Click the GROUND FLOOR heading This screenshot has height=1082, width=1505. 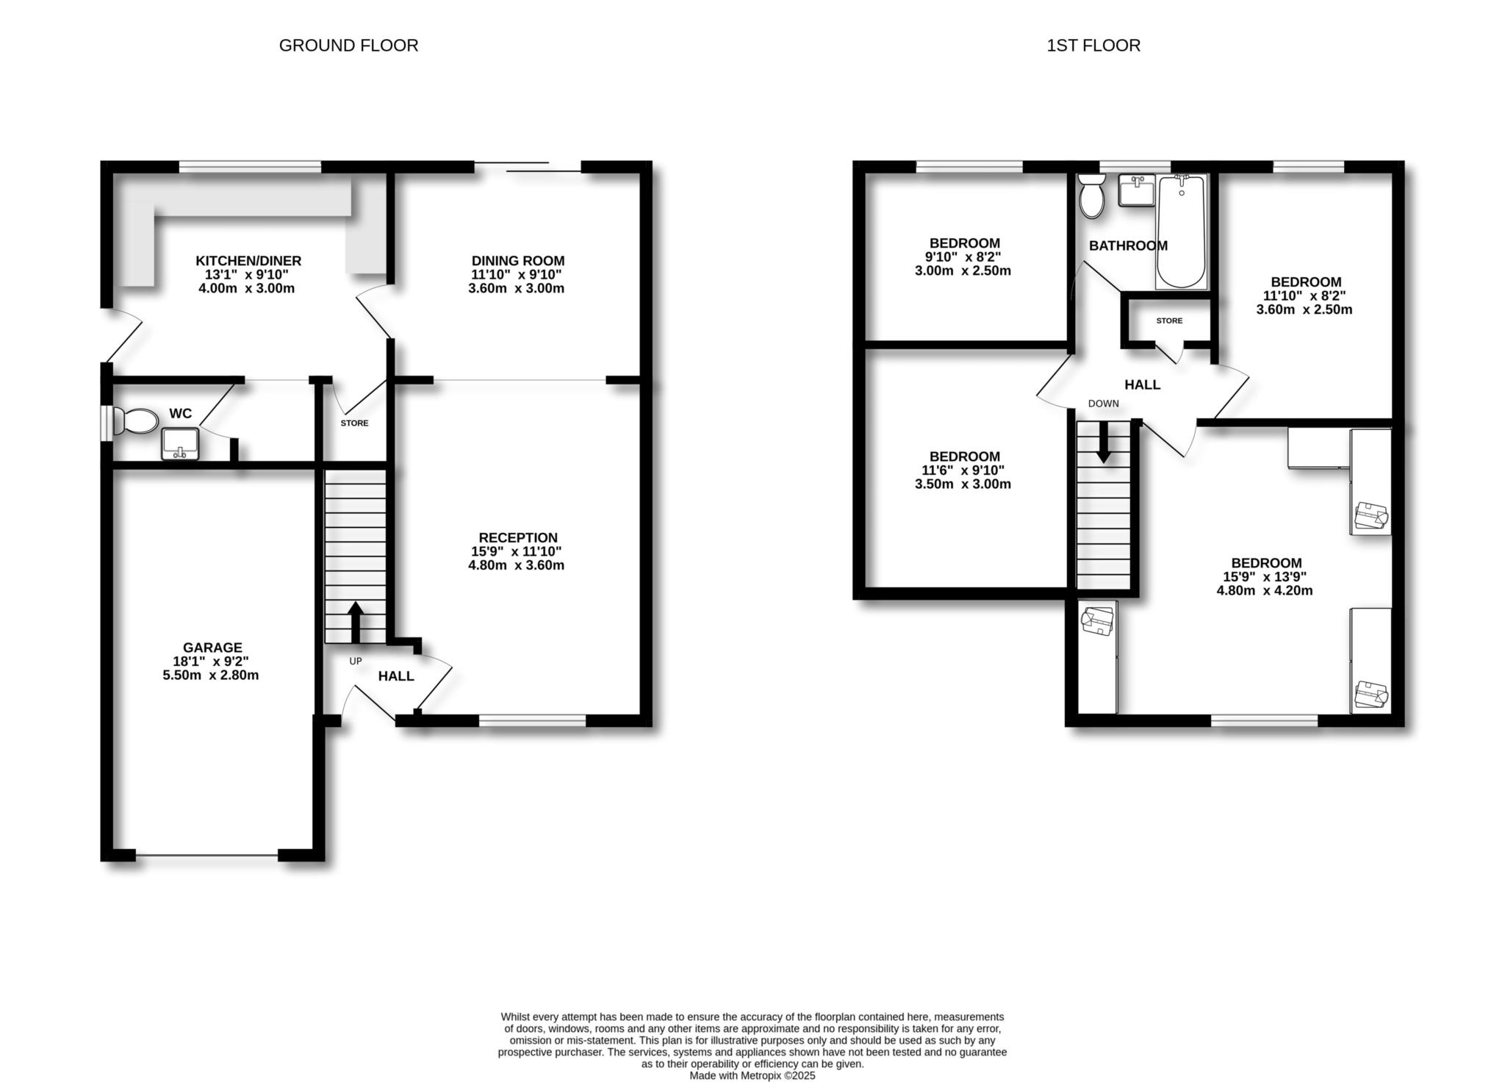coord(348,46)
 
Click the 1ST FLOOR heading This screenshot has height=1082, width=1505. coord(1093,46)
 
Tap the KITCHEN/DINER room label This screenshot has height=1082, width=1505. coord(248,261)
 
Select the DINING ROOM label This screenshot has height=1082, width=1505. coord(518,261)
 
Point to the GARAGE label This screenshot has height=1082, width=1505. coord(212,648)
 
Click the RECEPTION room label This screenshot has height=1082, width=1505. coord(518,538)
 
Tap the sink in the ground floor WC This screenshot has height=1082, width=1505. coord(180,444)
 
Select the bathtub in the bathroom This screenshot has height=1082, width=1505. coord(1182,231)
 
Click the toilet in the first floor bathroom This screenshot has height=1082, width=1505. coord(1091,196)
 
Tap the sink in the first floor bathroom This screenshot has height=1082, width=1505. coord(1136,190)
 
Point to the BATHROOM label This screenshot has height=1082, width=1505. coord(1128,246)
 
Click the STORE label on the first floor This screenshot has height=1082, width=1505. coord(1169,321)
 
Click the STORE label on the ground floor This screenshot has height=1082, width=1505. coord(354,423)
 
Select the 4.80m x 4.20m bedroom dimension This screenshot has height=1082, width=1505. coord(1265,591)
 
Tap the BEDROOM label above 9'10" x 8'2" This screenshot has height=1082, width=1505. coord(964,243)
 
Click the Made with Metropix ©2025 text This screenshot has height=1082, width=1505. coord(752,1075)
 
